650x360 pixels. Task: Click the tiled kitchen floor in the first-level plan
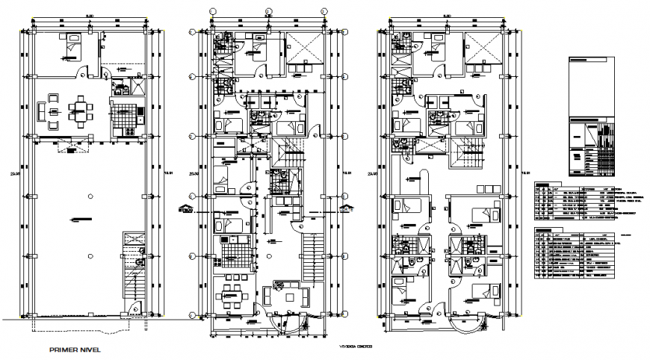123,117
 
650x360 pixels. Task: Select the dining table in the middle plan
231,288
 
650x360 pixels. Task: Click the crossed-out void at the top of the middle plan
303,47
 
